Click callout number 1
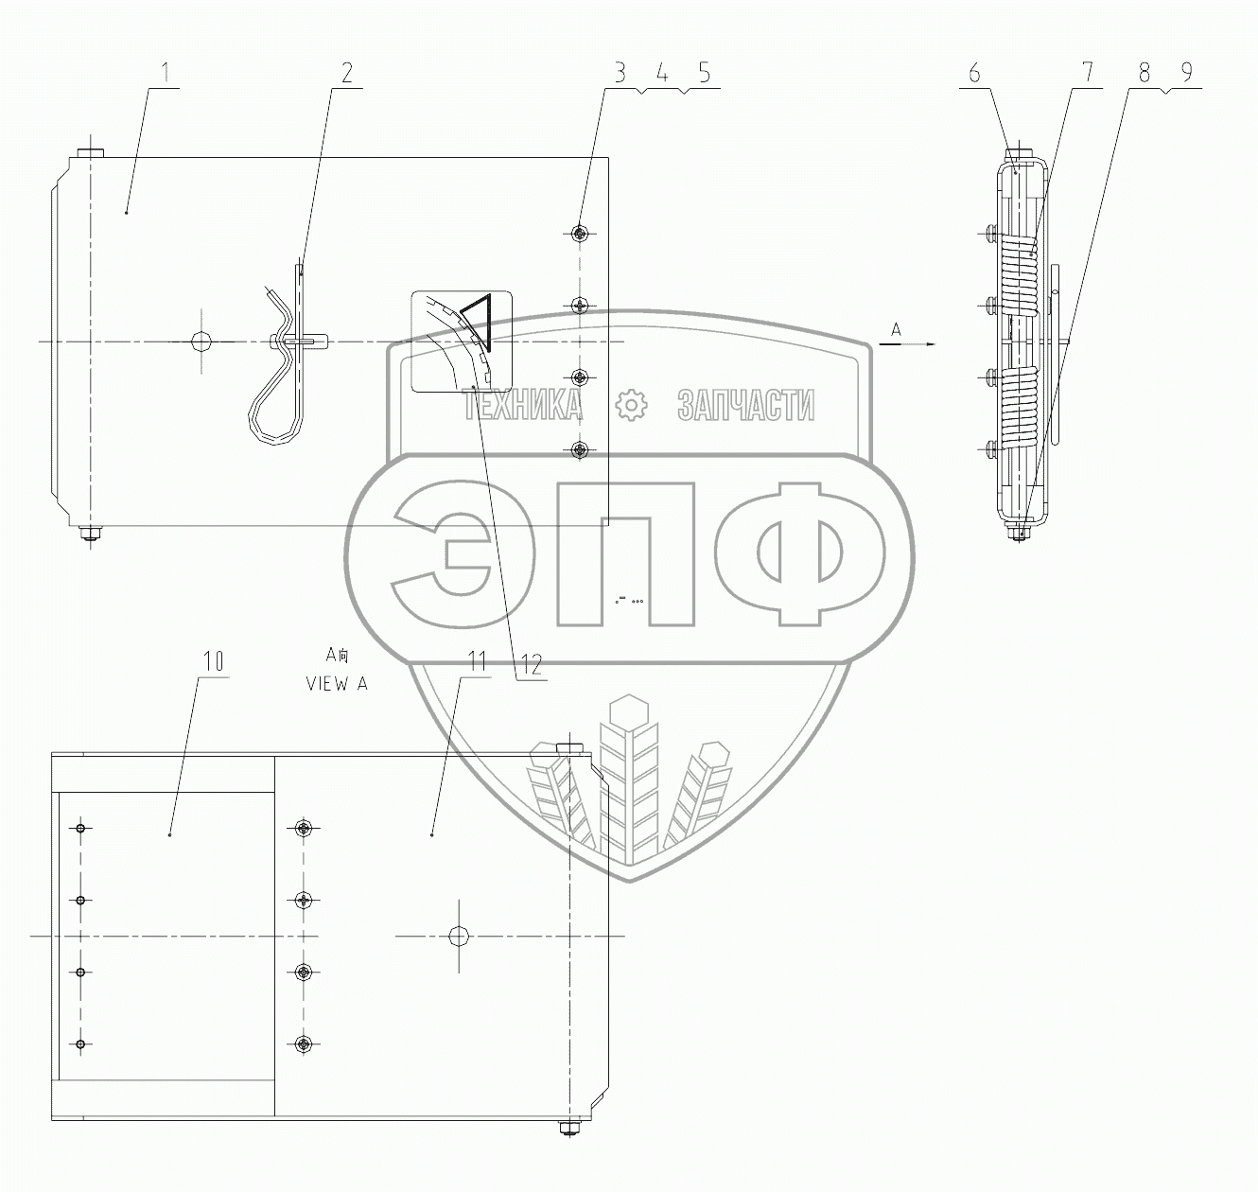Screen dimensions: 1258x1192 click(x=166, y=73)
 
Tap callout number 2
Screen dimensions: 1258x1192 click(x=346, y=73)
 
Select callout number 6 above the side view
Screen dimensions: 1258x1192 click(x=974, y=73)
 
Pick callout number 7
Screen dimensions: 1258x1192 click(x=1088, y=73)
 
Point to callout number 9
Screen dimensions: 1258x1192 click(x=1186, y=73)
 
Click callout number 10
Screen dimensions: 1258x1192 click(x=214, y=661)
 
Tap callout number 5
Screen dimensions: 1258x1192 click(x=704, y=73)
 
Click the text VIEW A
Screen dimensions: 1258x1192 click(x=337, y=684)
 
